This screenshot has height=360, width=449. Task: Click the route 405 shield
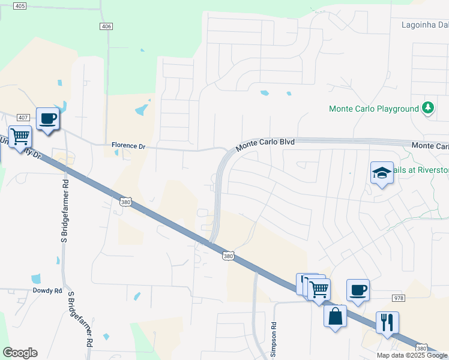19,6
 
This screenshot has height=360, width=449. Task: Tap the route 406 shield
106,26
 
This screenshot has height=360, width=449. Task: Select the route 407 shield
23,117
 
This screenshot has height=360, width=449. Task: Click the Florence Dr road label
128,146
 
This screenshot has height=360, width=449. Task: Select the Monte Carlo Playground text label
373,109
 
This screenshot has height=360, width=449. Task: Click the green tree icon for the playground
427,108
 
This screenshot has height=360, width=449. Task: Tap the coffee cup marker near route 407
47,118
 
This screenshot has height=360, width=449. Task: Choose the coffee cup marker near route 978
358,290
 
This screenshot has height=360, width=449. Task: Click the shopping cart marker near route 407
20,137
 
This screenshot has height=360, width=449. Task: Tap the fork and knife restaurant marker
387,322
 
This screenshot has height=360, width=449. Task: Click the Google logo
20,353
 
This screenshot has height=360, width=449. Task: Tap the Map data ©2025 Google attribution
412,355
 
